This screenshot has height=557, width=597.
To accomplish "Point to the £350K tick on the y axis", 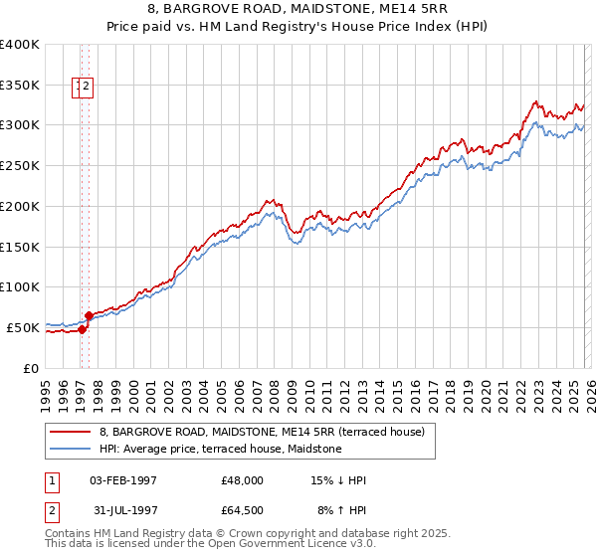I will coord(20,86).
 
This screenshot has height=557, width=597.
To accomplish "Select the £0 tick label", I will coord(31,368).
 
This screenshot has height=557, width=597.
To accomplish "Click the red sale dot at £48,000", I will coord(82,330).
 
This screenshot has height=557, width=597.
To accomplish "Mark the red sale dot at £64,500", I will coord(90,316).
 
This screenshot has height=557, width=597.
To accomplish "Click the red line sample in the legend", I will coord(71,432).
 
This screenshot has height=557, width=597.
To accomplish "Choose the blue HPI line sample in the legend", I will coord(71,449).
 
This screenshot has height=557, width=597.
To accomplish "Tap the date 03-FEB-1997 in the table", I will coord(123,480).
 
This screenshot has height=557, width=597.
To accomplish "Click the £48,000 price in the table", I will coord(242,480).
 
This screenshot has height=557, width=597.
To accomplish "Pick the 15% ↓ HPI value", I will coord(339,480).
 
